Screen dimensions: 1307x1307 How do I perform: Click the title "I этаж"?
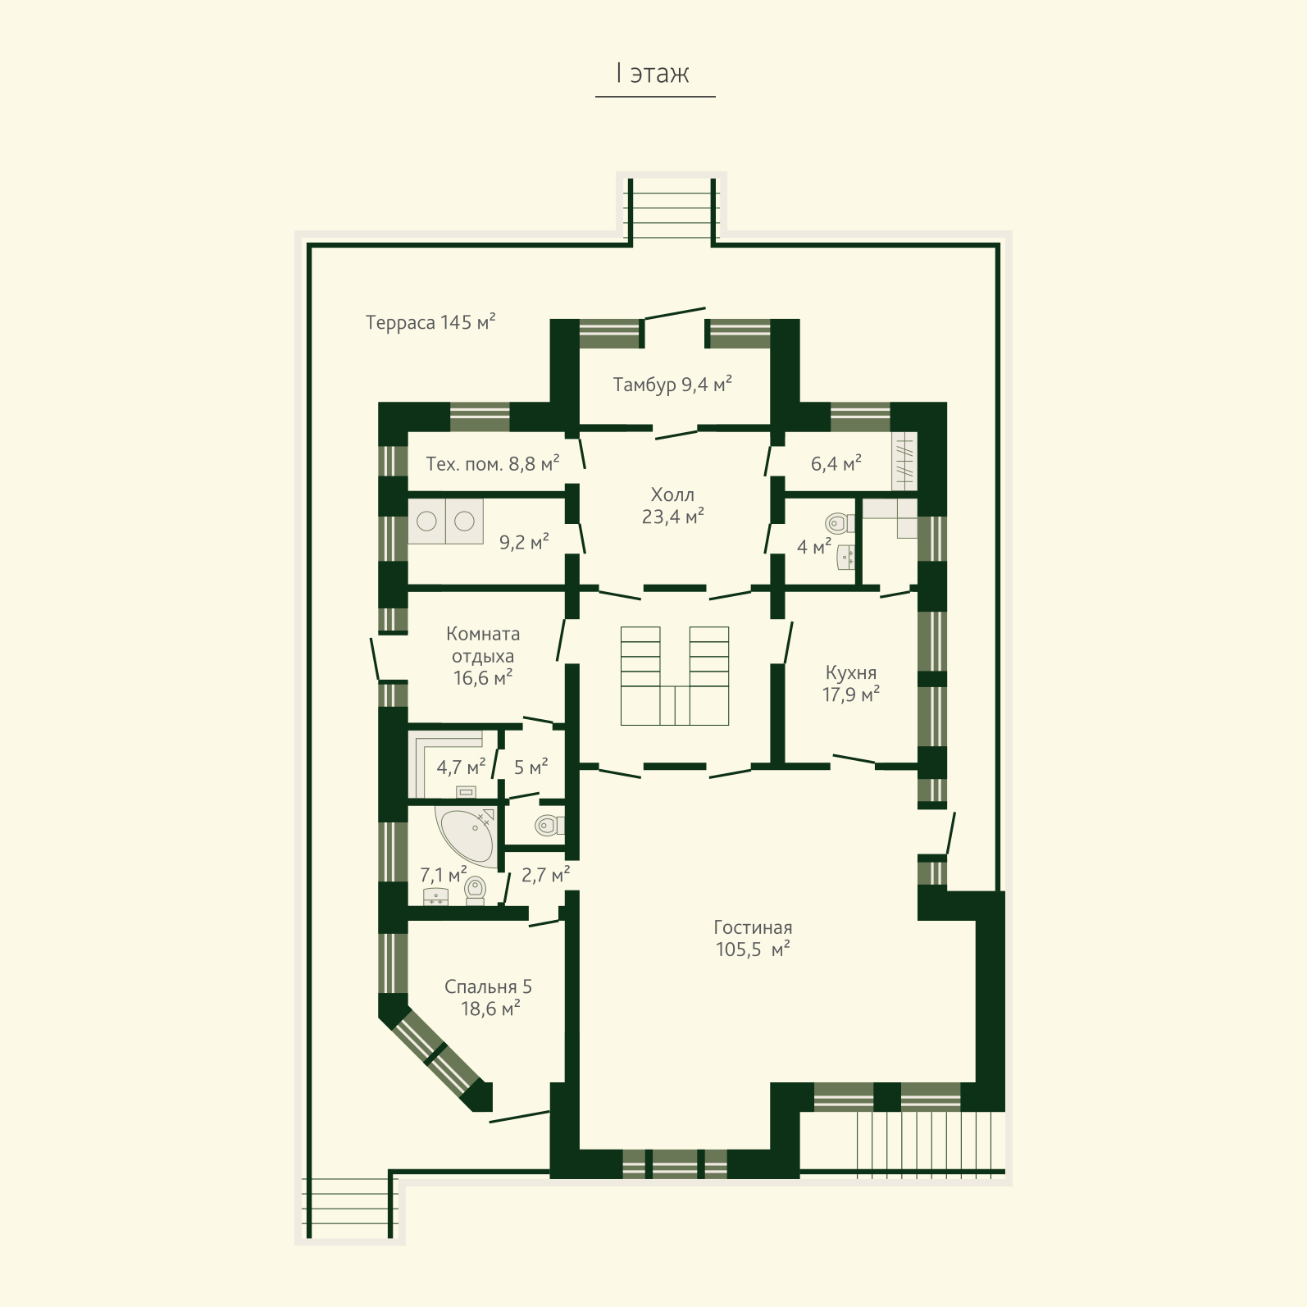point(653,74)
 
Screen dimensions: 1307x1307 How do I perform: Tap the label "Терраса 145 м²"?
point(430,322)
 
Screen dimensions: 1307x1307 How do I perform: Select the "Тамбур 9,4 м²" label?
point(672,385)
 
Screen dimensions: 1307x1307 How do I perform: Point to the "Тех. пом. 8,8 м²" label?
point(493,464)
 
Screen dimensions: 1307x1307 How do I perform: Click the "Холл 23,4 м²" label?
point(672,506)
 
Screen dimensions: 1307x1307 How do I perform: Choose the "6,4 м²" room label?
point(836,464)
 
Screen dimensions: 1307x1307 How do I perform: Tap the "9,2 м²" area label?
point(524,542)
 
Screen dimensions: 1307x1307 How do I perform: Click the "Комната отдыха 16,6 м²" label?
point(483,656)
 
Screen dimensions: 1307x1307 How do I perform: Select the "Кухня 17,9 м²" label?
point(851,684)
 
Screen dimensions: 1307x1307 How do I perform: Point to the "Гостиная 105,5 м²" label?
point(753,939)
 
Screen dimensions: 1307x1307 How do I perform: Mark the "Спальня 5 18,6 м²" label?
point(489,998)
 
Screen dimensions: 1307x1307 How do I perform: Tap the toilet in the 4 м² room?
point(839,522)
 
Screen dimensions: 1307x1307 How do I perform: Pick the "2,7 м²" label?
point(546,876)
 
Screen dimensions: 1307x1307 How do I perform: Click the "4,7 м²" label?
point(461,767)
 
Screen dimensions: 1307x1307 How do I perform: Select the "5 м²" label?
point(531,767)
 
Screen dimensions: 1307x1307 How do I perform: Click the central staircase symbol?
point(675,676)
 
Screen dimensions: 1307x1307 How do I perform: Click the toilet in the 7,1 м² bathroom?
point(475,890)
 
